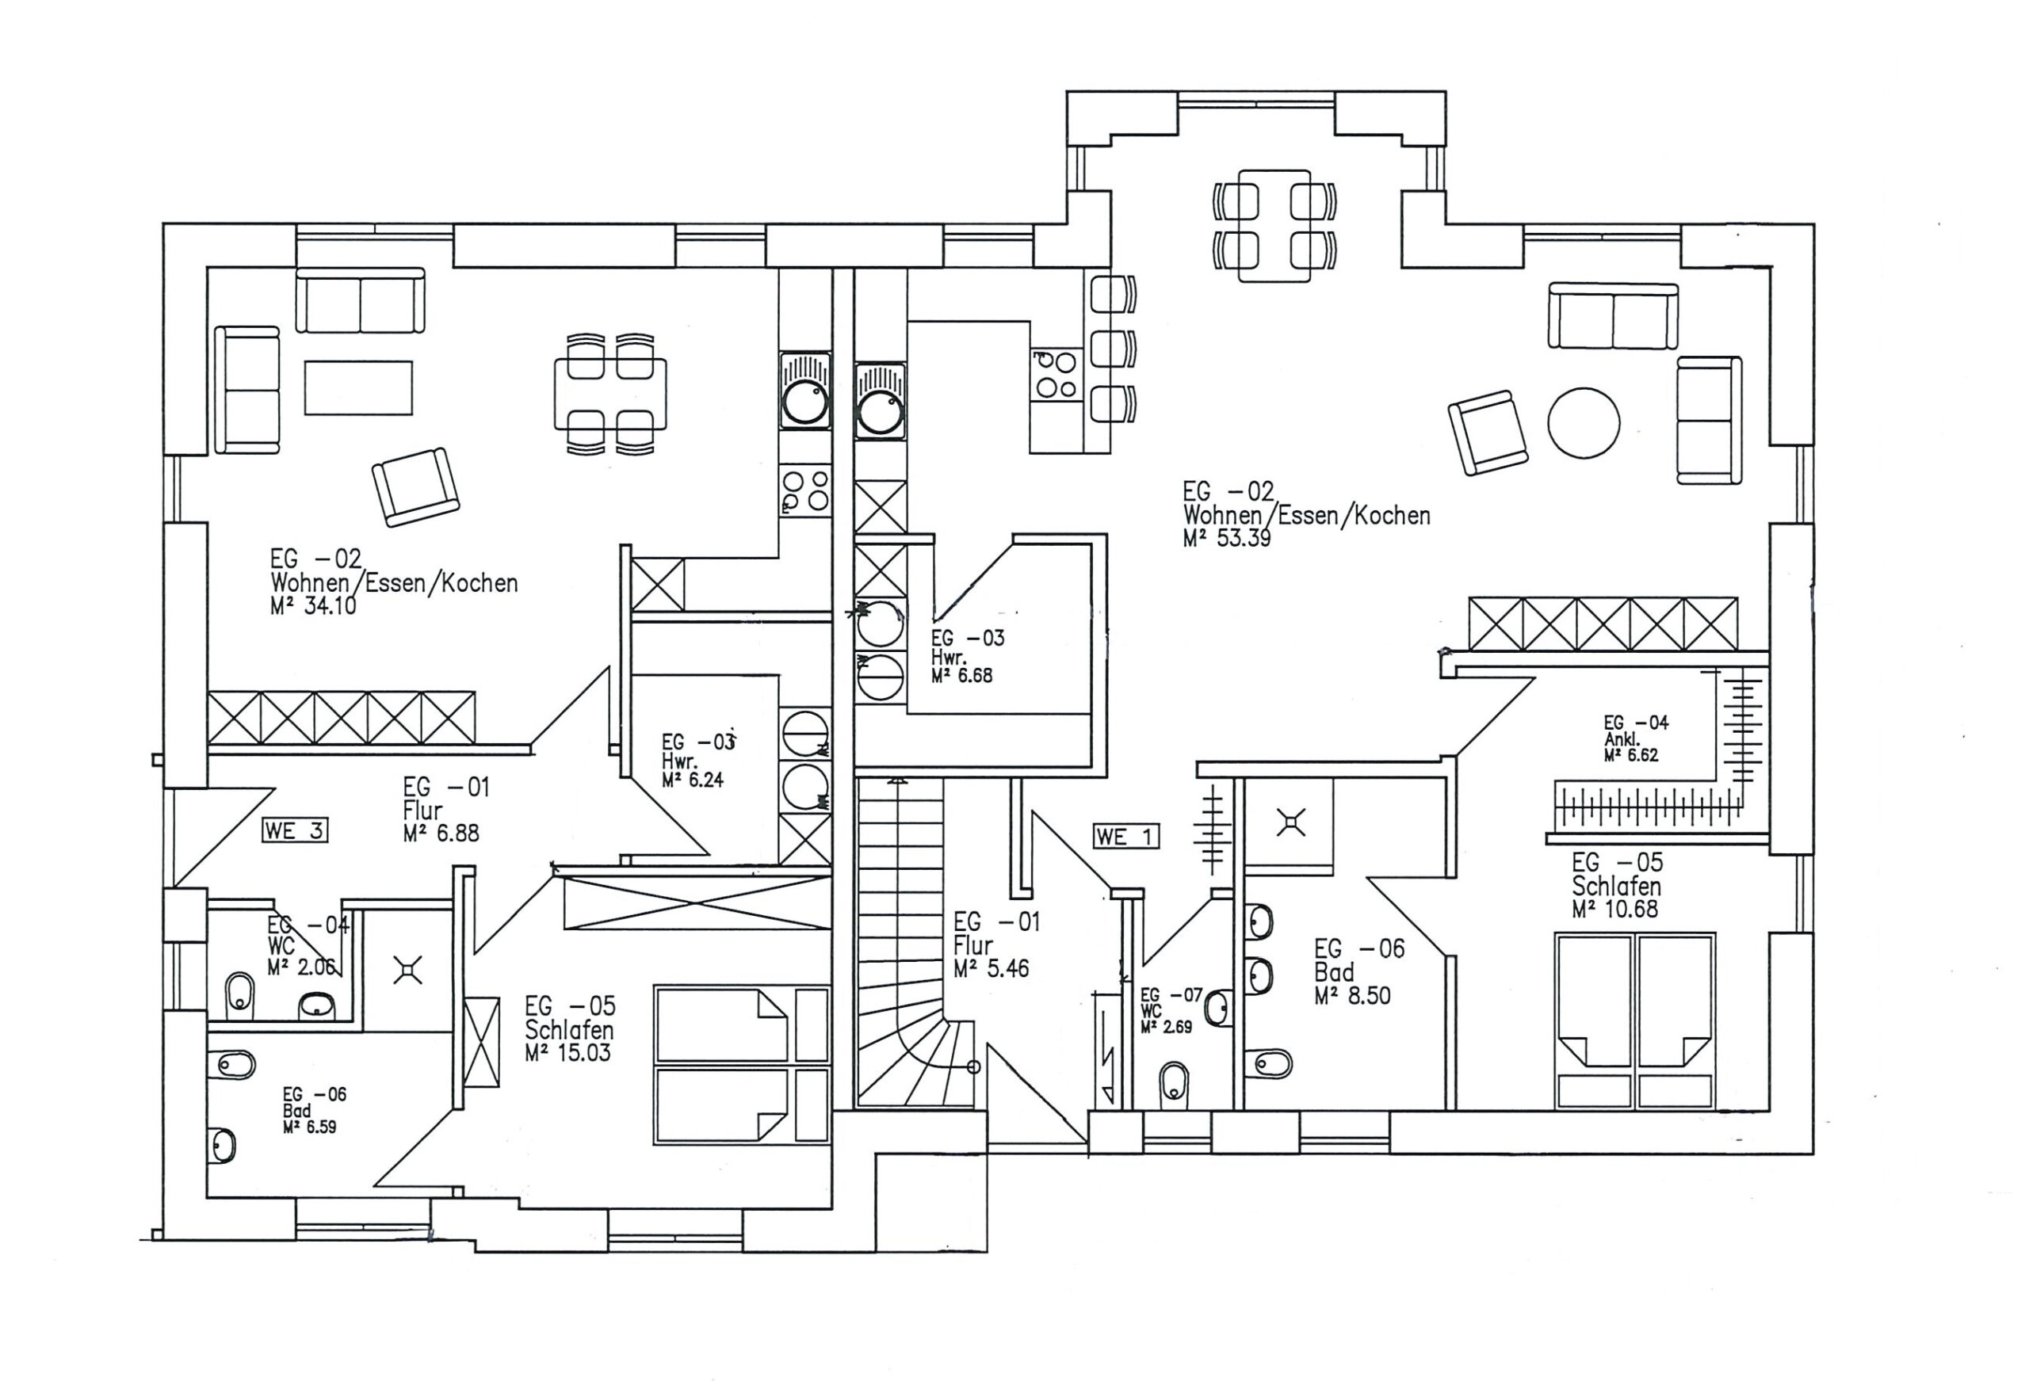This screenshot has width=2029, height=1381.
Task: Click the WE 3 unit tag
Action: [x=294, y=831]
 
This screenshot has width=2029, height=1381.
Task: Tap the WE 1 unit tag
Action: [x=1125, y=837]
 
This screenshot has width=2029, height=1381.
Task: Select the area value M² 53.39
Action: [x=1227, y=539]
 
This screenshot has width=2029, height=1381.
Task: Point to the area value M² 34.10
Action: [x=313, y=606]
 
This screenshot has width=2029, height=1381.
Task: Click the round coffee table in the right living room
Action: [x=1584, y=423]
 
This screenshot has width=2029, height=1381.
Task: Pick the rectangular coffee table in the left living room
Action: [x=358, y=387]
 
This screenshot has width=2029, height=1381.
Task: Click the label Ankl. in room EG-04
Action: [x=1622, y=739]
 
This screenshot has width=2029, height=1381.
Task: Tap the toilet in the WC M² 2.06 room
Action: [x=239, y=994]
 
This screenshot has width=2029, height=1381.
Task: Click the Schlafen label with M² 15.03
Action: [x=569, y=1030]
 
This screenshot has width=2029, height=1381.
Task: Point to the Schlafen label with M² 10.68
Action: [x=1616, y=886]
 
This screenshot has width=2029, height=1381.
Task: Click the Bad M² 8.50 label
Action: [x=1335, y=972]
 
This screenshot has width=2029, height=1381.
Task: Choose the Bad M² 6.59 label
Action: [x=298, y=1112]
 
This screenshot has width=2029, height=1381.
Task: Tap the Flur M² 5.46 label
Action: [x=973, y=945]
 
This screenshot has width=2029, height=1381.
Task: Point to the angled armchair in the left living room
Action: [x=415, y=488]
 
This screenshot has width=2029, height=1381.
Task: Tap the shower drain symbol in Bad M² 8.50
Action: [x=1290, y=822]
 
